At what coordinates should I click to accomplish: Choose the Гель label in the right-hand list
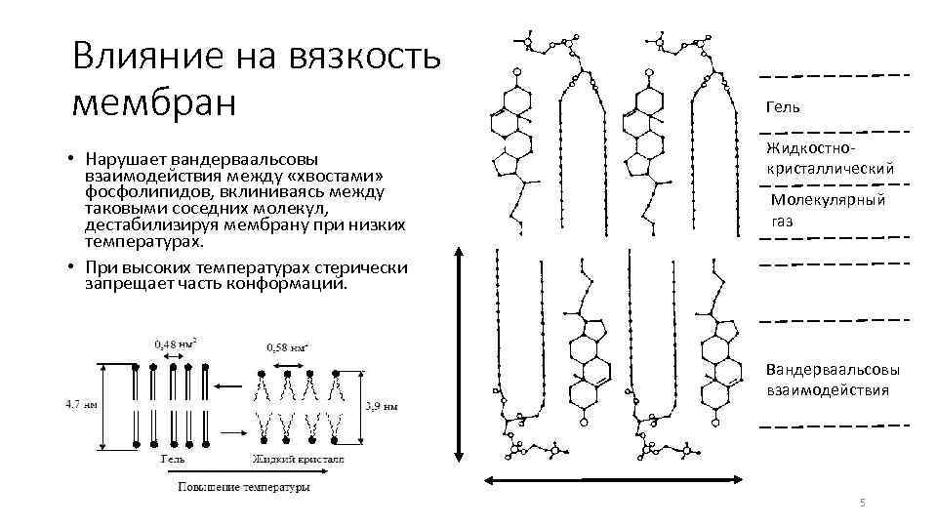781,105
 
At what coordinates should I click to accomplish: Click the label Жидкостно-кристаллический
830,159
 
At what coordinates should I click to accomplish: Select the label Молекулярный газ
828,210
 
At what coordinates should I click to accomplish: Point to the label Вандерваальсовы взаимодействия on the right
833,381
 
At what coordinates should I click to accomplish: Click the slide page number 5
862,502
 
